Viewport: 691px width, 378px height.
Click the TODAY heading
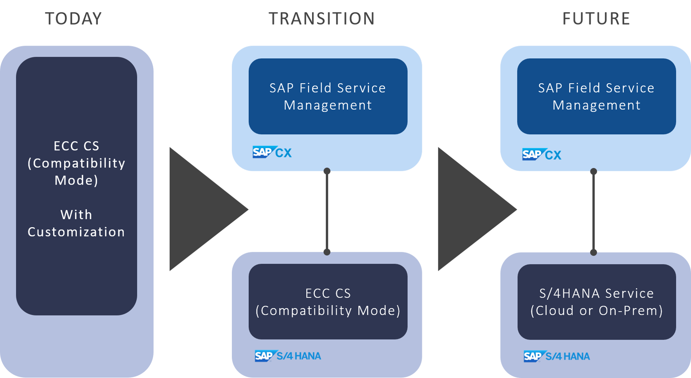click(73, 18)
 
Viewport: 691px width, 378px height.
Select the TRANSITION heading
click(322, 18)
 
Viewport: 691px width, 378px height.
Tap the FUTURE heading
click(596, 18)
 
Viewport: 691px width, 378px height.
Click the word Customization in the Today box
click(76, 232)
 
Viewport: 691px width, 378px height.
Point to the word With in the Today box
click(76, 215)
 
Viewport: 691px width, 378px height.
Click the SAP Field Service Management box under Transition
click(328, 96)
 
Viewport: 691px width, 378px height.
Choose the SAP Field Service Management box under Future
click(596, 96)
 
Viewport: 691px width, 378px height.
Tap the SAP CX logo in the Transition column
click(272, 152)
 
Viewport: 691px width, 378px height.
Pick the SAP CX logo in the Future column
click(541, 154)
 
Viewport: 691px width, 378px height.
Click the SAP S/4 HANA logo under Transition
click(288, 356)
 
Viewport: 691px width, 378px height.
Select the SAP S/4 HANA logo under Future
click(556, 356)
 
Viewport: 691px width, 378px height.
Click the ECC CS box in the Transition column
click(328, 302)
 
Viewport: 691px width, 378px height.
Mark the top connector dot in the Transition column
click(327, 171)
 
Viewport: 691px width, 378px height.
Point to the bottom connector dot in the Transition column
click(327, 252)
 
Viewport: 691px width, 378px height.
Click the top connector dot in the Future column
click(593, 172)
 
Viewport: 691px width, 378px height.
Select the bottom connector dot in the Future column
click(593, 253)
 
